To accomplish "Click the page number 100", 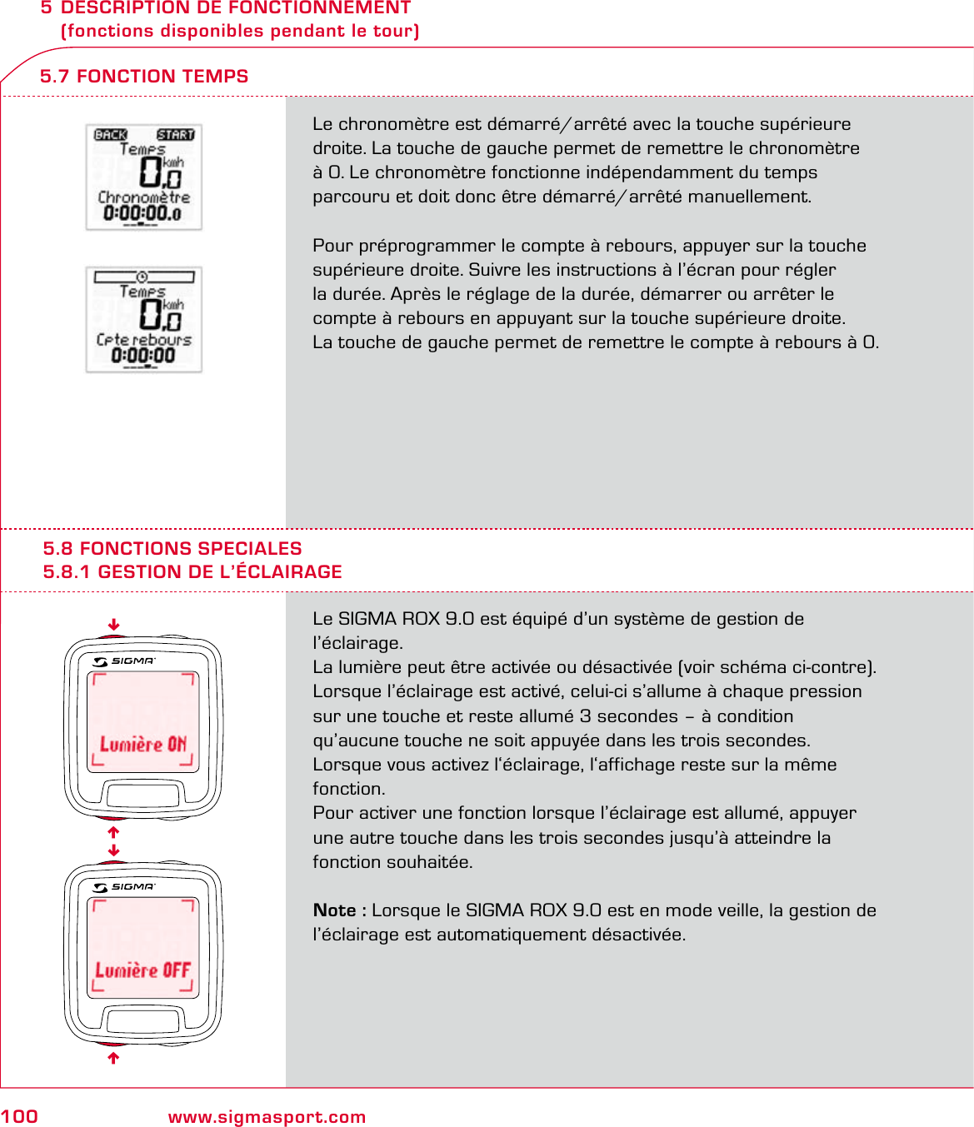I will [19, 1117].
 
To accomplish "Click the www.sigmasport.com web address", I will [267, 1117].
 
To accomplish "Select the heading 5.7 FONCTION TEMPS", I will [144, 77].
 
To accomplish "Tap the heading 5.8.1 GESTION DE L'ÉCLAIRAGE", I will [192, 572].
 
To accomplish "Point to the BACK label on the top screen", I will [111, 135].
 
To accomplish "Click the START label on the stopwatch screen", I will [175, 135].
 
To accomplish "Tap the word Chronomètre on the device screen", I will [144, 197].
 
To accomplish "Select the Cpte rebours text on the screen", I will [144, 340].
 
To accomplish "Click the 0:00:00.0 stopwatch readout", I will [142, 213].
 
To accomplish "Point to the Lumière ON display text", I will [143, 744].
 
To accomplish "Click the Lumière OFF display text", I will [143, 970].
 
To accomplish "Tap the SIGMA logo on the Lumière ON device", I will [125, 661].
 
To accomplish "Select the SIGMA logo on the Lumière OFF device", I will [125, 887].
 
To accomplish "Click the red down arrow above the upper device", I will [114, 625].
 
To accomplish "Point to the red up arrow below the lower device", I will [114, 1058].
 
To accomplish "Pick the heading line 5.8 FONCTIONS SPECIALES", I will [172, 549].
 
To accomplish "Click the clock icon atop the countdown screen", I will [142, 277].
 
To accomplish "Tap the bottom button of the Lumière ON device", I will [142, 795].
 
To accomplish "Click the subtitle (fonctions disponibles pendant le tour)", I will [240, 32].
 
